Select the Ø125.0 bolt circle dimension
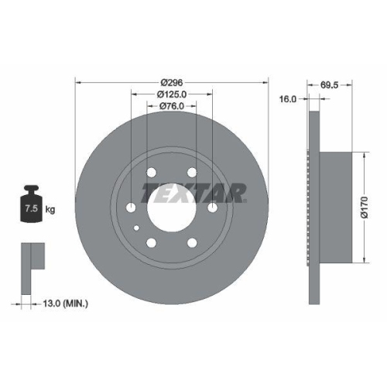(171, 94)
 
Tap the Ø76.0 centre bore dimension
(171, 107)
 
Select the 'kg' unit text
(51, 209)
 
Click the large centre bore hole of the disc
(171, 207)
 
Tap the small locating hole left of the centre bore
(137, 228)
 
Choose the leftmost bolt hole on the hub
(131, 207)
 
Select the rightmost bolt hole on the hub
(212, 207)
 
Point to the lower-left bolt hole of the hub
(151, 241)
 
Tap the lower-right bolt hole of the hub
(191, 241)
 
